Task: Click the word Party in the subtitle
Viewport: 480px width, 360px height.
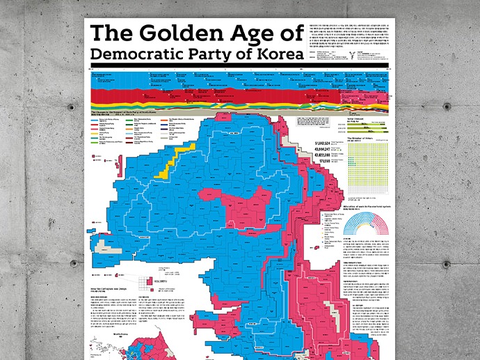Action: click(215, 54)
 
